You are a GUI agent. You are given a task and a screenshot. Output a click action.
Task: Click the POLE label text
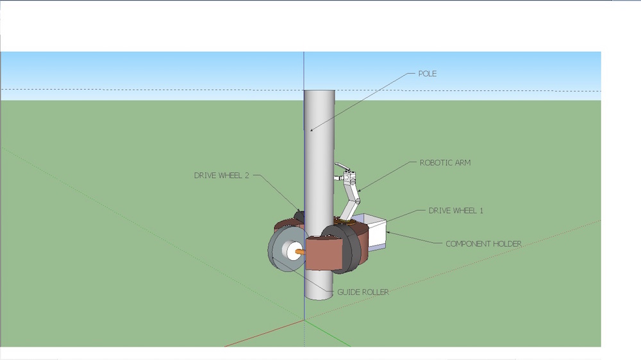click(x=427, y=74)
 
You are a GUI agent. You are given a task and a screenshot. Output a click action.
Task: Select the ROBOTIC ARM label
click(x=445, y=163)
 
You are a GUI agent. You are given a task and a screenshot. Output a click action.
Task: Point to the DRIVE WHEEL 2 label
click(x=221, y=175)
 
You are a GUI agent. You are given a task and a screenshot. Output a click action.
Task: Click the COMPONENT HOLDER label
click(x=483, y=243)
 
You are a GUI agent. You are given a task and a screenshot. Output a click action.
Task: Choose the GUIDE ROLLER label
click(x=362, y=292)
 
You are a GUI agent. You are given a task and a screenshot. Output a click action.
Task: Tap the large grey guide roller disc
click(x=277, y=251)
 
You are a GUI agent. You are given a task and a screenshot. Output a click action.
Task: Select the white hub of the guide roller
click(x=291, y=251)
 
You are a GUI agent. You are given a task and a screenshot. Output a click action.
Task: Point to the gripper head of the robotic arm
click(x=346, y=174)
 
